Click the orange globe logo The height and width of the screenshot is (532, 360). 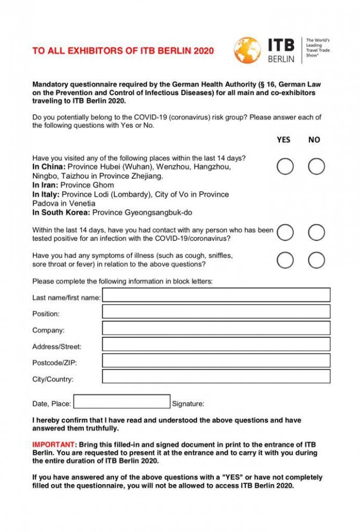pos(247,50)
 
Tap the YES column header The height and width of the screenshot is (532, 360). pos(284,140)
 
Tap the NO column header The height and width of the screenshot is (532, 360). pos(314,140)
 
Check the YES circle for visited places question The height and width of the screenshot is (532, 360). pos(285,166)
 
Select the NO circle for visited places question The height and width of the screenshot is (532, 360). pos(316,166)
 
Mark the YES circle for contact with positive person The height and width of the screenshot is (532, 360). pos(285,232)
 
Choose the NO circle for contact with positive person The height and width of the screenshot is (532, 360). pos(316,232)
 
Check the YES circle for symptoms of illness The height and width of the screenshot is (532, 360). pos(285,260)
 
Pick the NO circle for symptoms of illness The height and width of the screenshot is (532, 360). pos(316,260)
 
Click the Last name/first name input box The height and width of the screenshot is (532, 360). pos(216,295)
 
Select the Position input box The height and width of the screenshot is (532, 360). pos(216,312)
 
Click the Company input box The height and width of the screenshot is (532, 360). pos(216,328)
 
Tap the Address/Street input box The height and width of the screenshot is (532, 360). pos(216,344)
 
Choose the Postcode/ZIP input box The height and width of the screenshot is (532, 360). pos(216,360)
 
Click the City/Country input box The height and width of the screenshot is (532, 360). pos(216,376)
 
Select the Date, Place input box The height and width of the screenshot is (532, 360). pos(121,402)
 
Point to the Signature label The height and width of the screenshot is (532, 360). pos(188,404)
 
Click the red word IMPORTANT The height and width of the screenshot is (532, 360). pos(54,445)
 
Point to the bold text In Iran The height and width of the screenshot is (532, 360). pos(47,185)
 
